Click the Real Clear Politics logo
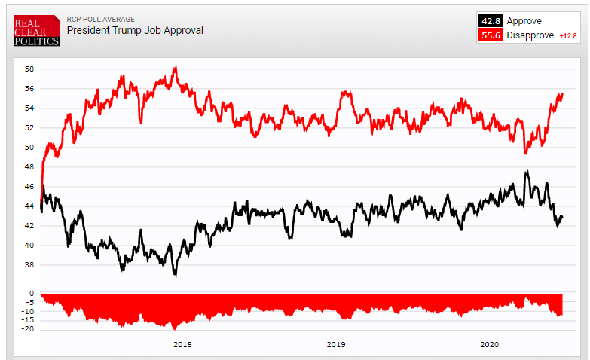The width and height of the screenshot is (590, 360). [36, 30]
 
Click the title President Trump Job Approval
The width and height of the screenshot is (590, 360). [135, 31]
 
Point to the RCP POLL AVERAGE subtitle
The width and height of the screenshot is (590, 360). [100, 20]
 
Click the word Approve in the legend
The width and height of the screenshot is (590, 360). [524, 21]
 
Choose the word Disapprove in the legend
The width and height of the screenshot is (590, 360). [530, 35]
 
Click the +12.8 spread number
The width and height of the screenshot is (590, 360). [567, 35]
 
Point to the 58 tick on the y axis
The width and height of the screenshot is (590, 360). [29, 69]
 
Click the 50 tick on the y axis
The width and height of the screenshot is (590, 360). [29, 147]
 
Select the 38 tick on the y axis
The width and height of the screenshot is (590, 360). [29, 264]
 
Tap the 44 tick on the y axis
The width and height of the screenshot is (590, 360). [29, 206]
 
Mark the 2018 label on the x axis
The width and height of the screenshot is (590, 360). [182, 344]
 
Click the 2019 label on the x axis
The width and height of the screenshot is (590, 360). [336, 344]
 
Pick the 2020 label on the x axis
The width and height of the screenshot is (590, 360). [490, 344]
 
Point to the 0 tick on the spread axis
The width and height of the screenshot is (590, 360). [32, 294]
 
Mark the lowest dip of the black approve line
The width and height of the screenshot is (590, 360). [176, 276]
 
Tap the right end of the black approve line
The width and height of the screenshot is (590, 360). [563, 217]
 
